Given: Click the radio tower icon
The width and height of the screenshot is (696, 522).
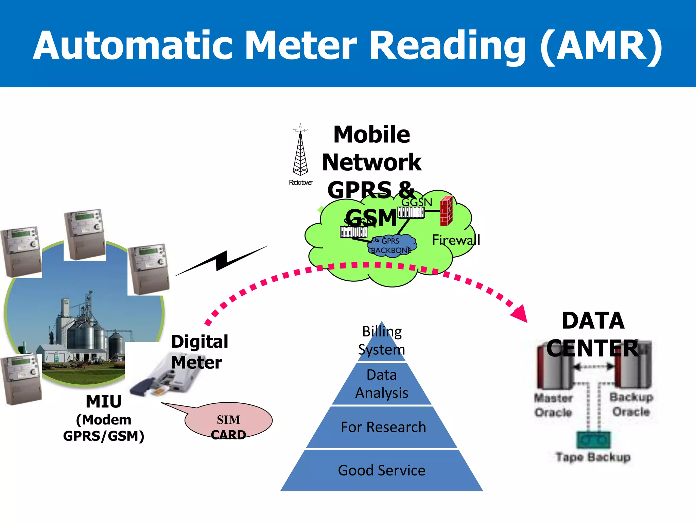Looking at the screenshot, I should tap(300, 153).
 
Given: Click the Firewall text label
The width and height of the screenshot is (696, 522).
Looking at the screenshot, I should tap(456, 240).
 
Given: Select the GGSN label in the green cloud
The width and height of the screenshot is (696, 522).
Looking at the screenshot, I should tap(417, 202).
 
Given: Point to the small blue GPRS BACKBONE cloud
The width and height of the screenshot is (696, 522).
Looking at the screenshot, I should tap(392, 245).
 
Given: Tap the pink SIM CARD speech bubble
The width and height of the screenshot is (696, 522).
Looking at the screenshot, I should tap(228, 421).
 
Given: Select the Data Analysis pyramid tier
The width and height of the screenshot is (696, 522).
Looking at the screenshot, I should tap(382, 384).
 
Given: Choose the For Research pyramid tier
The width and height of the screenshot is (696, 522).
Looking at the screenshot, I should tap(383, 427).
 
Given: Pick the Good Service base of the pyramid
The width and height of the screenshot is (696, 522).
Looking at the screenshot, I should tap(382, 471).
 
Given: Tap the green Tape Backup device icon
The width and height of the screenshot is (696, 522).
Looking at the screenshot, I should tap(593, 440).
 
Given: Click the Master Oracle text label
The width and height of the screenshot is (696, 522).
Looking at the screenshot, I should tap(553, 405).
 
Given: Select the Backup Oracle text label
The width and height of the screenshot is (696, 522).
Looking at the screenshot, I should tap(631, 404).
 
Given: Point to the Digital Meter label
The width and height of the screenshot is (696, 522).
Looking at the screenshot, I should tap(199, 352).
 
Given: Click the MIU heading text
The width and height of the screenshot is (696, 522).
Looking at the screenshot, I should tap(104, 401).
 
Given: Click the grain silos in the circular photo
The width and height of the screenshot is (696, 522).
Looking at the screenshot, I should tap(85, 326).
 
